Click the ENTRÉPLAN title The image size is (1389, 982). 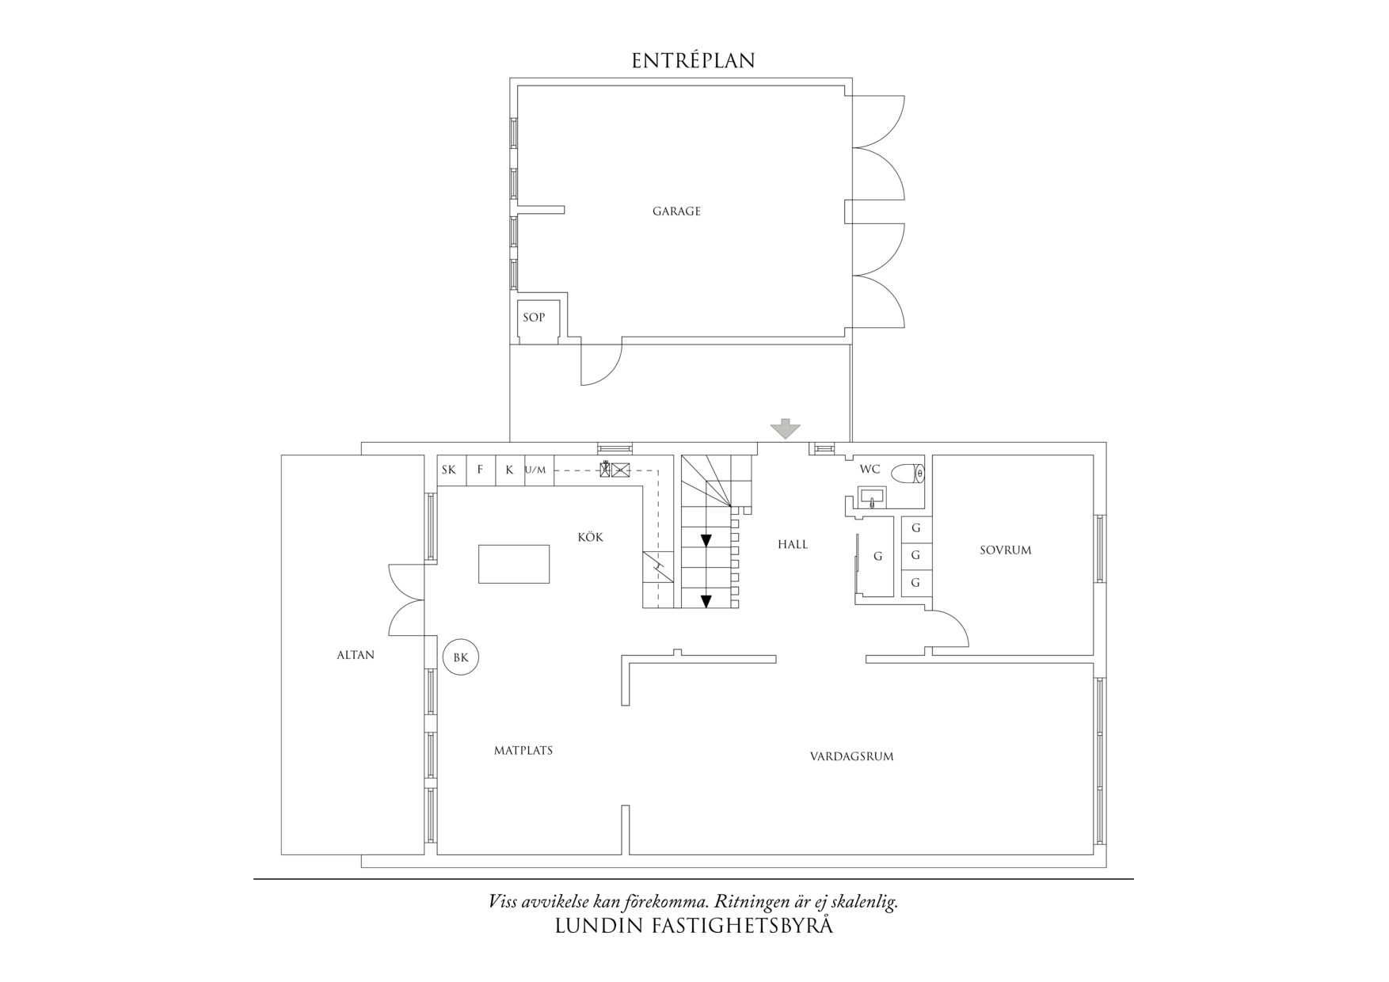[693, 60]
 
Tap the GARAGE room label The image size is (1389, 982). [676, 211]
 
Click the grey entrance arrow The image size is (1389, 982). [786, 428]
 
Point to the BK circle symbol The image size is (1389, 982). [461, 657]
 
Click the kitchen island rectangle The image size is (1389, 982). [514, 564]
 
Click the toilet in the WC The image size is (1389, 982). [908, 474]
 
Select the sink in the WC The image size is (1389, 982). [872, 498]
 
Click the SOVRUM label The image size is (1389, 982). [1006, 550]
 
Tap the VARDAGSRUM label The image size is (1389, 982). [851, 756]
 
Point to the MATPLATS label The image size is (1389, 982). [523, 750]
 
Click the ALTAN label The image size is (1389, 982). [356, 655]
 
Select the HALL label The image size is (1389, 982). [793, 544]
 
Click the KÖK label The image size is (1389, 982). [591, 537]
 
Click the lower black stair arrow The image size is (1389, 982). [706, 601]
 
